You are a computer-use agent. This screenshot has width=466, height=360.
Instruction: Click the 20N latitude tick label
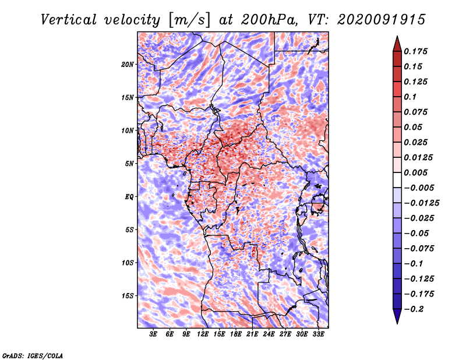[x=128, y=65]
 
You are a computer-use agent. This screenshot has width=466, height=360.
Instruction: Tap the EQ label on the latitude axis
[x=129, y=197]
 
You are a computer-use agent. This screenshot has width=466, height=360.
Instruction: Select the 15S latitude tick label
[x=128, y=296]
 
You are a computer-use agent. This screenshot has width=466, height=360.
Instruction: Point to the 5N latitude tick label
[x=129, y=164]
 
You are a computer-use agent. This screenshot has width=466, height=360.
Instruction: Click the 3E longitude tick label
[x=153, y=334]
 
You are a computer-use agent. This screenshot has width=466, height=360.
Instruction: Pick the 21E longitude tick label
[x=252, y=334]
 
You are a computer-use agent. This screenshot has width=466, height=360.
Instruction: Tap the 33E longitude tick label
[x=318, y=334]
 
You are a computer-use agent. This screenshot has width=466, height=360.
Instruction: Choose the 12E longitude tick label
[x=203, y=334]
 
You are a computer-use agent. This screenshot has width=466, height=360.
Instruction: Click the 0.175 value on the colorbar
[x=415, y=51]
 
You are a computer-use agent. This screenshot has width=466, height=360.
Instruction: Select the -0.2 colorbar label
[x=414, y=309]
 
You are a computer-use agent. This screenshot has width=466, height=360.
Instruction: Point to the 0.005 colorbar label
[x=415, y=172]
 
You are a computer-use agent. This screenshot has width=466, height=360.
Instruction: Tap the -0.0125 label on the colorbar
[x=421, y=203]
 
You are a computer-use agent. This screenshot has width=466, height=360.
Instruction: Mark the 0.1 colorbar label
[x=410, y=97]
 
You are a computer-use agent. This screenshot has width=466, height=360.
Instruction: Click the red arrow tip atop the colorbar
[x=397, y=37]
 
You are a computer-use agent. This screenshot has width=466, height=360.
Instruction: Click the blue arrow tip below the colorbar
[x=397, y=323]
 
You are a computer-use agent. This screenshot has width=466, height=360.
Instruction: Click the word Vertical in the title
[x=69, y=20]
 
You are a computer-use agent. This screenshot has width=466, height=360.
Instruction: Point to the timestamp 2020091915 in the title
[x=382, y=20]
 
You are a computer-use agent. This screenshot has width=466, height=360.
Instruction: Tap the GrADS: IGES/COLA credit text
[x=33, y=355]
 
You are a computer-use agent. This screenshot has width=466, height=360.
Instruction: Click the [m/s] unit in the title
[x=189, y=20]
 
